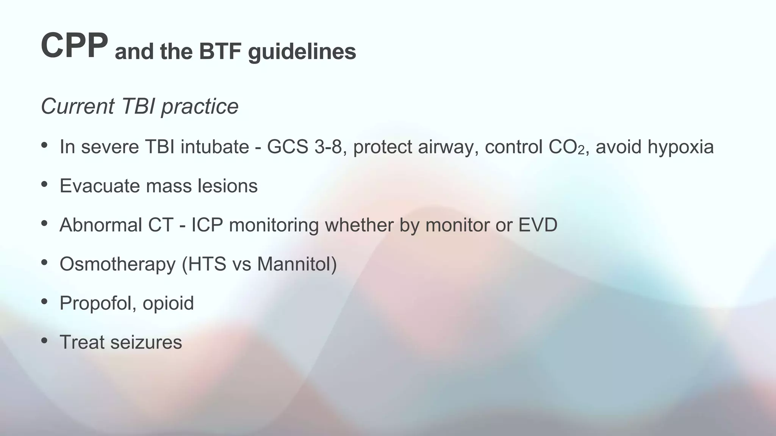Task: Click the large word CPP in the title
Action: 74,45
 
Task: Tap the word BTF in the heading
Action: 220,51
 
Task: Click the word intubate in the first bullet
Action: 214,147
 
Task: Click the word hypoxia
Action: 681,148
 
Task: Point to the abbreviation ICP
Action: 207,225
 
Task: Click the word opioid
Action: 168,304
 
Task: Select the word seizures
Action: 146,343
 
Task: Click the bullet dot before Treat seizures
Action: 44,341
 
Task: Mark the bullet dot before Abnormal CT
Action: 44,223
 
